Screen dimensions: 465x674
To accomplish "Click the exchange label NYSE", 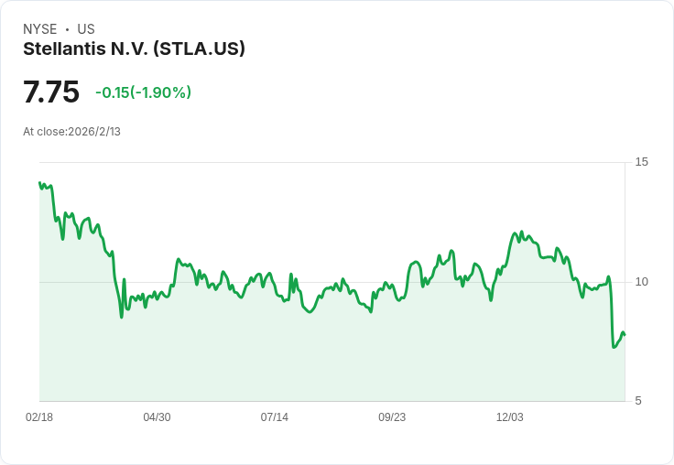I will point(40,29).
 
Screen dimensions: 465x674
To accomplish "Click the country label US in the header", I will point(86,29).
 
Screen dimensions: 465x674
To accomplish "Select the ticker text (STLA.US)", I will point(199,49).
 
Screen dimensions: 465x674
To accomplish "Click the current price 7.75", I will point(51,92).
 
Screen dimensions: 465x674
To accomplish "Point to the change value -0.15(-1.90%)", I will point(143,92).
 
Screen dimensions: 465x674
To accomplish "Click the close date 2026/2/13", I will point(94,132).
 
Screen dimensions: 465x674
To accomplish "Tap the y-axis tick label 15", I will point(641,162).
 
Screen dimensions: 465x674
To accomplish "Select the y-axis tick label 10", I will point(641,281).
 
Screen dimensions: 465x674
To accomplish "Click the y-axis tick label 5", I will point(638,400).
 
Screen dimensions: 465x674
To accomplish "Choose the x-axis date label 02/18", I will point(39,417).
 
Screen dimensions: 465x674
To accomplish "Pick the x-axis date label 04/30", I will point(157,417).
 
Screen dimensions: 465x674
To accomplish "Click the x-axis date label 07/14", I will point(274,417).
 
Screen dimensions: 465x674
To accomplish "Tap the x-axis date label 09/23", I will point(392,417).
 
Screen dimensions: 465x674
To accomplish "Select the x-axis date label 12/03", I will point(509,417).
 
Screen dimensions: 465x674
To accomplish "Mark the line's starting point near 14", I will point(39,183).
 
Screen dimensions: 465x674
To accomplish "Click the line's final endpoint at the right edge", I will point(625,334).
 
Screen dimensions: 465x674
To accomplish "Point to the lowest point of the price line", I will point(614,347).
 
